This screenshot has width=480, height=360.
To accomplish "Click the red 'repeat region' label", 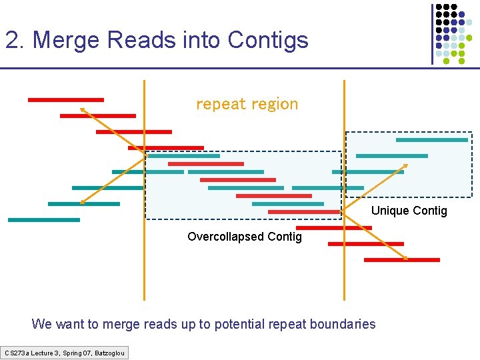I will pos(247,104).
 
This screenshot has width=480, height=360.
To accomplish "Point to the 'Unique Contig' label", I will pos(409,211).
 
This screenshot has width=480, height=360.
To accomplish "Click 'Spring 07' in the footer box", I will pos(76,352).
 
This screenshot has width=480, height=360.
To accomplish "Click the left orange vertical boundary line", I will pos(144,267).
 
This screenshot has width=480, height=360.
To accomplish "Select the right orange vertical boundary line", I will pos(344,280).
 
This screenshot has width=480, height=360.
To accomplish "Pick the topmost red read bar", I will pos(65,100).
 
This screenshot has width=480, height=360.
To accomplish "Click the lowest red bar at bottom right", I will pos(402,260).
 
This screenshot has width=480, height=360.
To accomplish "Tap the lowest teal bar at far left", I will pos(43,220).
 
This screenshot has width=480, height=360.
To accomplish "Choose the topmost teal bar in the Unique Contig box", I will pos(432,140).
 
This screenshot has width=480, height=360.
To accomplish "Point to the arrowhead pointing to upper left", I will pos(82,109).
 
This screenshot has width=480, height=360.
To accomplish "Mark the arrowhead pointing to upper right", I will pos(405,165).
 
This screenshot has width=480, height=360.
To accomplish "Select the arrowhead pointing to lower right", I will pos(405,257).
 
